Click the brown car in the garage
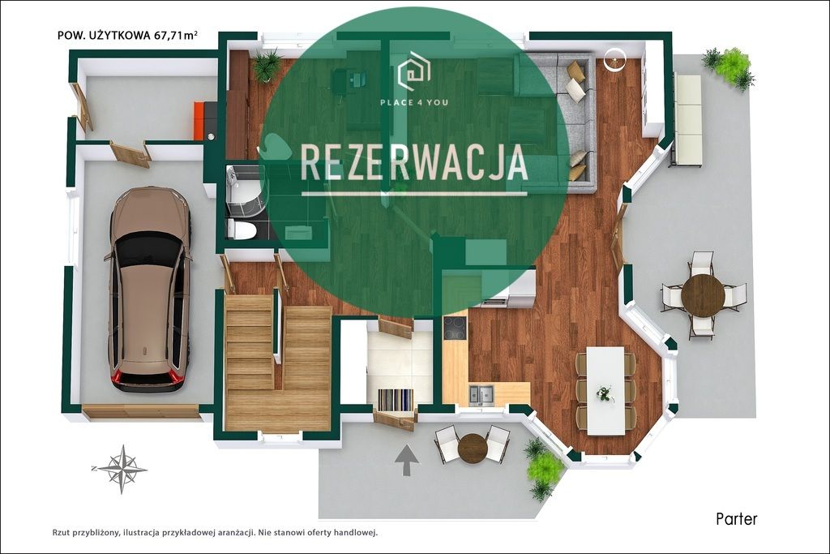tap(149, 288)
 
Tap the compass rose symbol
tap(120, 468)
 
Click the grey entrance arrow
tap(407, 460)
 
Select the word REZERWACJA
tap(414, 162)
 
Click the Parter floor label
tap(736, 519)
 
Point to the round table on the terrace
tap(703, 295)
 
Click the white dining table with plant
tap(605, 390)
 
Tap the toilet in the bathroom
tap(242, 230)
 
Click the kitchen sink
tap(481, 395)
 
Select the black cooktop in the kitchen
tap(455, 328)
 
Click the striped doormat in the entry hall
tap(396, 400)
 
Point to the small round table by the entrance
tap(472, 447)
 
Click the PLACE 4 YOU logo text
tap(414, 102)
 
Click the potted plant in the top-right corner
tap(731, 67)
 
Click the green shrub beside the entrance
tap(543, 469)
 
